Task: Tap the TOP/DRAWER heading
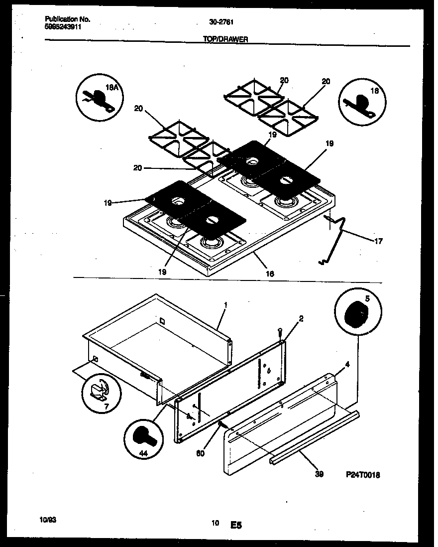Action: tap(225, 39)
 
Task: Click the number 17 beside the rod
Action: tap(378, 241)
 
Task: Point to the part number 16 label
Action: tap(270, 273)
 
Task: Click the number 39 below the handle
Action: tap(319, 474)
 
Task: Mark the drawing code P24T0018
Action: tap(362, 475)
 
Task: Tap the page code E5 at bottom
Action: tap(236, 525)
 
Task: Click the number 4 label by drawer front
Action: tap(347, 364)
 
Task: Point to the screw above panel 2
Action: tap(280, 331)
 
